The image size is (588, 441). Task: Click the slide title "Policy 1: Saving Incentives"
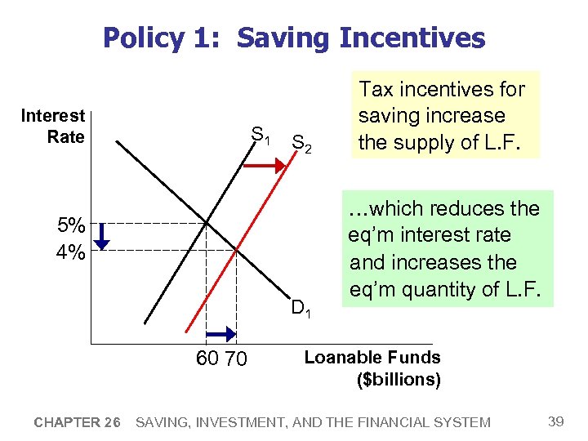click(x=294, y=38)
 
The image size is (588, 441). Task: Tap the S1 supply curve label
click(x=261, y=134)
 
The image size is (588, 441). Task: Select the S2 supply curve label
click(x=301, y=145)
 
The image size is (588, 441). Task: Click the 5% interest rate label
click(x=70, y=224)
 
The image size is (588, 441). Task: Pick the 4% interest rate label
click(x=70, y=252)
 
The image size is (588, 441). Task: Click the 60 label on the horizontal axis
click(x=207, y=359)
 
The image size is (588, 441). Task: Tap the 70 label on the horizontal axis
click(x=235, y=359)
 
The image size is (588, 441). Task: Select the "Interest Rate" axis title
click(x=53, y=127)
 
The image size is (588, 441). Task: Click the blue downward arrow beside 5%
click(x=100, y=236)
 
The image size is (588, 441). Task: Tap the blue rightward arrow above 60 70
click(x=220, y=334)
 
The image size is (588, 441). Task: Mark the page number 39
click(x=555, y=421)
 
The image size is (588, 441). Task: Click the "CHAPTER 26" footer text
click(x=78, y=422)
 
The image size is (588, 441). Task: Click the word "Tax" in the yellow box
click(x=376, y=89)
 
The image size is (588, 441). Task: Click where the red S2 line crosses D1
click(x=236, y=250)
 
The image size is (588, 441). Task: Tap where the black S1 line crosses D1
click(x=207, y=222)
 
